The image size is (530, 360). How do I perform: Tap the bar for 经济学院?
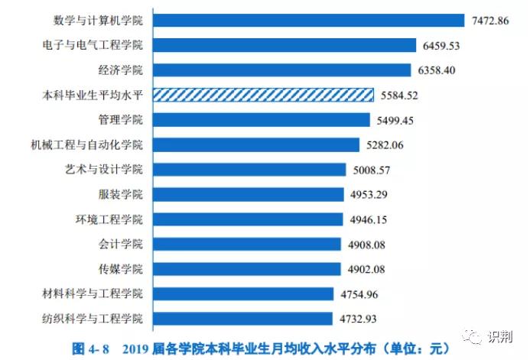pos(283,70)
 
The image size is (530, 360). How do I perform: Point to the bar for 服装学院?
pos(248,194)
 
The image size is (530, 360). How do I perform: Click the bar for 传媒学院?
pos(246,268)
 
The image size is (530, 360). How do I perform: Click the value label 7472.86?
pos(492,21)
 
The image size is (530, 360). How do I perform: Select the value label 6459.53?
pos(443,46)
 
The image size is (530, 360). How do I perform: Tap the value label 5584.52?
pos(400,96)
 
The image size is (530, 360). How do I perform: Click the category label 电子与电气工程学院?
pos(93,46)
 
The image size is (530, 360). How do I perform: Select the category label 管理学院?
pos(121,120)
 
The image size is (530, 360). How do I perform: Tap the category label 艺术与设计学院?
pos(105,170)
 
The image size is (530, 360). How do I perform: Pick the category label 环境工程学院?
pos(109,219)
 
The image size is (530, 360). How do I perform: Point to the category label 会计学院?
pos(121,245)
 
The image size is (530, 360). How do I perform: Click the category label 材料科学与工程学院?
pos(93,294)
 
